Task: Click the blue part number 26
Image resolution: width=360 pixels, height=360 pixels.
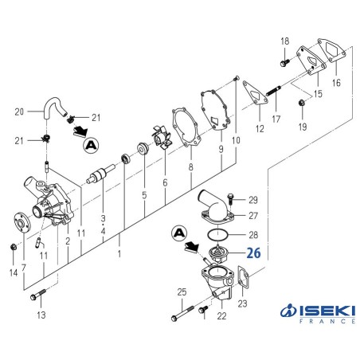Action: click(x=253, y=255)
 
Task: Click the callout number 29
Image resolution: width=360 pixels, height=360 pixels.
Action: click(x=253, y=199)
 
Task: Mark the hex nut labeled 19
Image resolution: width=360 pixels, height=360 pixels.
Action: click(x=301, y=104)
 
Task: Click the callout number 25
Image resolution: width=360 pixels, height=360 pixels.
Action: click(x=181, y=292)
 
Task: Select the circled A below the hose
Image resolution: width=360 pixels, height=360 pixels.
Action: click(x=92, y=144)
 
